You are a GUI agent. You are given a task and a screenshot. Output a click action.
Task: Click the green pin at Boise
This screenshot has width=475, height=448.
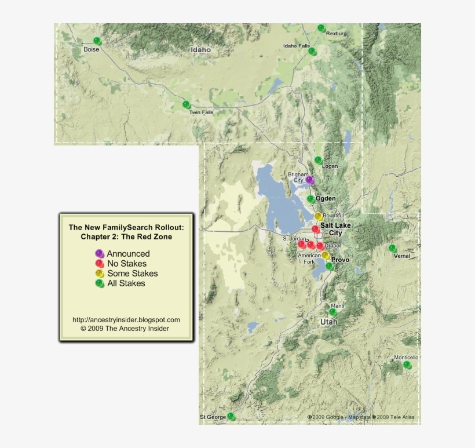point(97,41)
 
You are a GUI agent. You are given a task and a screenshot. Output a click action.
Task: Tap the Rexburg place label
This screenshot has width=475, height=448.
point(336,34)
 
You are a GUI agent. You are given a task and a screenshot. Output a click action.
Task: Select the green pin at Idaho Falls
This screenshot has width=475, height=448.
point(312,52)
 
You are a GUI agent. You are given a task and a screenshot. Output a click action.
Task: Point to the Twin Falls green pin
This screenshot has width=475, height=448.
point(186,105)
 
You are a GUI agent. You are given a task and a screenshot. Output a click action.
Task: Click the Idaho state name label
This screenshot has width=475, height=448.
point(201,50)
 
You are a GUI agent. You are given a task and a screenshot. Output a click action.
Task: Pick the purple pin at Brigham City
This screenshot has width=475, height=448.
point(309,180)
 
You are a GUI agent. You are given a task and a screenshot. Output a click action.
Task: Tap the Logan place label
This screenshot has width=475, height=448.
point(330,166)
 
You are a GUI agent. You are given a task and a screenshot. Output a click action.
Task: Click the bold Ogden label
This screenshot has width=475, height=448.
point(326,199)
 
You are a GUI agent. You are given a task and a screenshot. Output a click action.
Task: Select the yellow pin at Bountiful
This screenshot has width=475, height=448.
point(318,216)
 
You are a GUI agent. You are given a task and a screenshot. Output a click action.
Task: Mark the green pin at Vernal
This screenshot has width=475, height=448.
point(392,249)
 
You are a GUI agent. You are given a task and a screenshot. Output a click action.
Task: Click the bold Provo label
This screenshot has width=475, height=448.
point(340,260)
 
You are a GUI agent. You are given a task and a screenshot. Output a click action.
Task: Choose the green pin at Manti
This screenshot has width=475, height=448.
point(332,312)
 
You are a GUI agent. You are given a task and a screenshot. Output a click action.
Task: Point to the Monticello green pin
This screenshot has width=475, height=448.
point(407,365)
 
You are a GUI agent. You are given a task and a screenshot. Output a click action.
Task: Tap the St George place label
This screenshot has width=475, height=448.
point(213,417)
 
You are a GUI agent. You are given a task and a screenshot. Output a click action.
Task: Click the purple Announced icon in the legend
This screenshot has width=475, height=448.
point(99,254)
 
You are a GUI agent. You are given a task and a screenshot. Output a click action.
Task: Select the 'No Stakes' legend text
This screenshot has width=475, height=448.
point(126,264)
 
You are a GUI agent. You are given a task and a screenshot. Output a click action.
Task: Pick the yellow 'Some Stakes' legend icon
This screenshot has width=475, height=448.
point(99,274)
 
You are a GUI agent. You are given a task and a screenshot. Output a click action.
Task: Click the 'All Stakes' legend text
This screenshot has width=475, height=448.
point(126,283)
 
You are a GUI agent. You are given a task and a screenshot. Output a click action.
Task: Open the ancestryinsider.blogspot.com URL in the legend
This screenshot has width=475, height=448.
point(126,320)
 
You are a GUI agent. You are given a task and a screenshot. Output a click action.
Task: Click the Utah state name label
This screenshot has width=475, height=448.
point(328,321)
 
